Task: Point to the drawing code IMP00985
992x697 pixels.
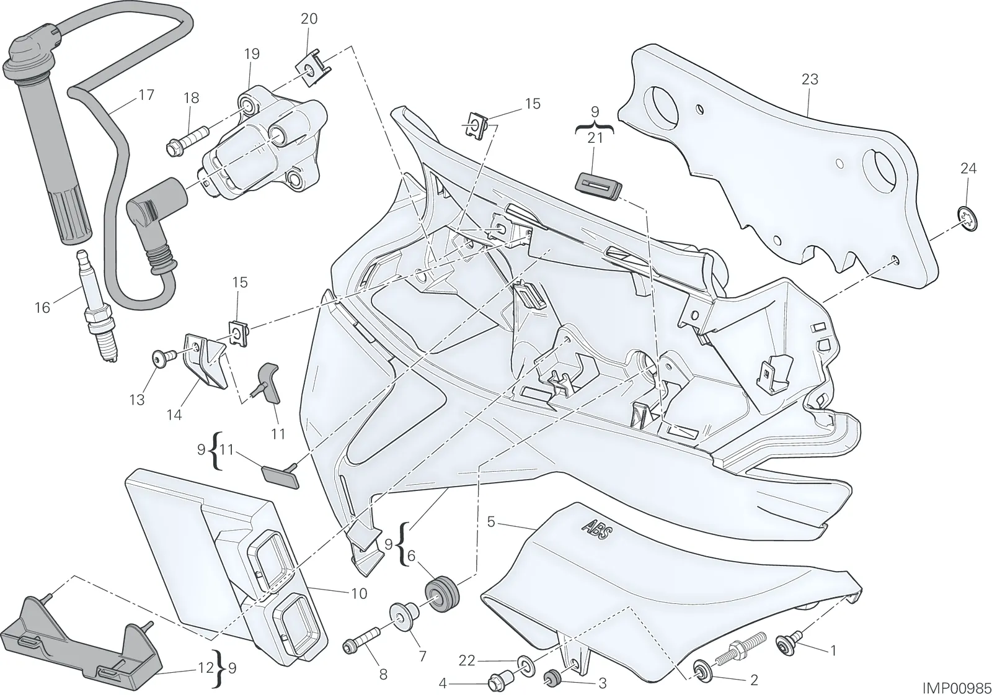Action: pos(956,688)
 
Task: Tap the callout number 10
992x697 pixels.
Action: pos(359,593)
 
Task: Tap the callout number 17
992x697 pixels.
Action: pos(146,95)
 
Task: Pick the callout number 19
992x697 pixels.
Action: pos(252,54)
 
